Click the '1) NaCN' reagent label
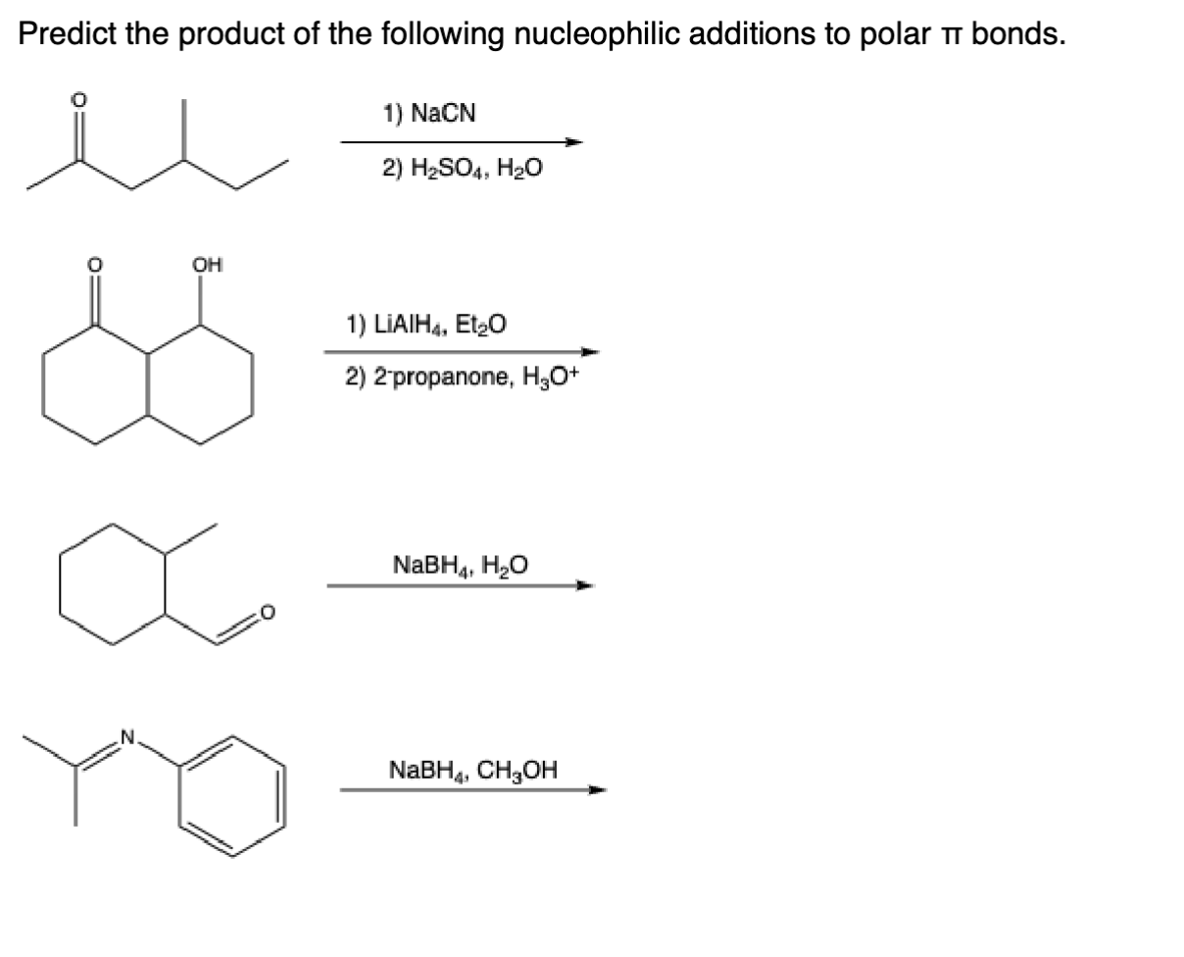(429, 114)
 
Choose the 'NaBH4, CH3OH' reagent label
(473, 769)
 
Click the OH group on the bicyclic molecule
(207, 264)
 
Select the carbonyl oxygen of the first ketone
(82, 100)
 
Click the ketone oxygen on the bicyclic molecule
(95, 264)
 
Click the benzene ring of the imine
(232, 789)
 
